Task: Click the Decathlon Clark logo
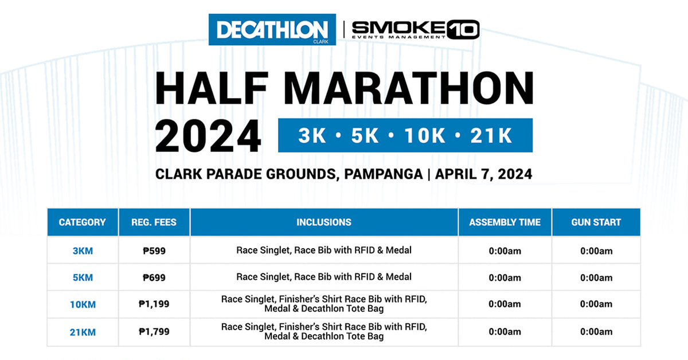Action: coord(272,30)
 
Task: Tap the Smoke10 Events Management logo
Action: coord(415,29)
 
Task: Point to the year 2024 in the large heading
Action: coord(208,136)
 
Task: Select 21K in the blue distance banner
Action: coord(490,136)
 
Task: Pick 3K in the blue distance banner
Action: coord(312,136)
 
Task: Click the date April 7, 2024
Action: coord(484,174)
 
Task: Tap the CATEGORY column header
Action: coord(83,222)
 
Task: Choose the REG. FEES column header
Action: coord(154,222)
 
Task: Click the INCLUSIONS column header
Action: coord(324,222)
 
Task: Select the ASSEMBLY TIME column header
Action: coord(505,222)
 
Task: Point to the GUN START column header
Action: coord(596,222)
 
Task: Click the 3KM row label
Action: coord(83,251)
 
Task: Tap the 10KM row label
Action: coord(83,304)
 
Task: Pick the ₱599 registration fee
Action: coord(154,251)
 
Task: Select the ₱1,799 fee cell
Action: coord(154,331)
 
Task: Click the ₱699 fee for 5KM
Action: coord(154,277)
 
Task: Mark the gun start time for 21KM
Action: coord(596,331)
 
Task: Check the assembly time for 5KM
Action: coord(505,277)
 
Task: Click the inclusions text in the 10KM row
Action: coord(324,304)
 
